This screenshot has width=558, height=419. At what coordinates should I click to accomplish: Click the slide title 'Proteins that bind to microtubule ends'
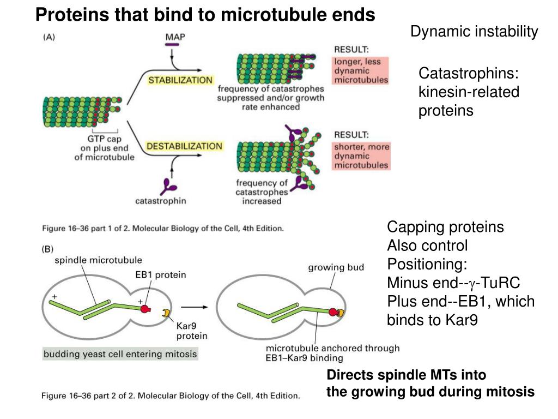pos(205,15)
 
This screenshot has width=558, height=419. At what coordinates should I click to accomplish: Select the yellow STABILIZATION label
pos(180,80)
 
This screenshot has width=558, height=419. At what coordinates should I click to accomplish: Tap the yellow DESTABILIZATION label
pos(184,146)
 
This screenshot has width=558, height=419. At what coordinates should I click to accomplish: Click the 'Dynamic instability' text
pos(474,32)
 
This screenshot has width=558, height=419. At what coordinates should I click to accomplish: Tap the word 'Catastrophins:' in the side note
pos(468,74)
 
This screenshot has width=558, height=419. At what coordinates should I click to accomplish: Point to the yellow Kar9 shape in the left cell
pos(165,313)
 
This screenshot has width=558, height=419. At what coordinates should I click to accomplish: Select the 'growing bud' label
pos(336,267)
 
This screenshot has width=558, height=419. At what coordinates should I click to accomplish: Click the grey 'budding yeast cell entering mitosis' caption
pos(120,354)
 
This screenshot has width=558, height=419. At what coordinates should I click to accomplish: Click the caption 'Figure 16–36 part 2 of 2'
pos(170,396)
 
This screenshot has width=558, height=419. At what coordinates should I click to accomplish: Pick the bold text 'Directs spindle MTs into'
pos(406,375)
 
